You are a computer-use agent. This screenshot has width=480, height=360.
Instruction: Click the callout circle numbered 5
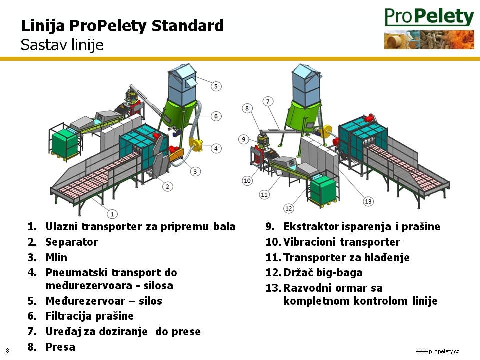[216, 86]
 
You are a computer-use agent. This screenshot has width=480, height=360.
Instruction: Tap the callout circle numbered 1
[112, 214]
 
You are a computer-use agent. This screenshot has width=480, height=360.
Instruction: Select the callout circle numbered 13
[368, 201]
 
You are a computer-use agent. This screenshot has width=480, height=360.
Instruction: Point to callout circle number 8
[247, 108]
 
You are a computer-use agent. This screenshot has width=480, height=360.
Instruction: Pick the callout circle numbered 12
[288, 209]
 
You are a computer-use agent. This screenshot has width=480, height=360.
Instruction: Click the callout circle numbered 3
[195, 171]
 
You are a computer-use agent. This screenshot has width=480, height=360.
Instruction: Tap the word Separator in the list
[72, 242]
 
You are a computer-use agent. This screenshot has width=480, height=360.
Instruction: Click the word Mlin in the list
[56, 257]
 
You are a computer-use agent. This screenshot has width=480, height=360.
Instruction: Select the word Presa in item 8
[60, 347]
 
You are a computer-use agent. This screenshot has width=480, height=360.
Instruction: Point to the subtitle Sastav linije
[62, 45]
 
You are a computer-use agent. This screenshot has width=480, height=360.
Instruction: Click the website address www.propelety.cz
[437, 351]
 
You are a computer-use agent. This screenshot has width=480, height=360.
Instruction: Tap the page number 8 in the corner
[7, 351]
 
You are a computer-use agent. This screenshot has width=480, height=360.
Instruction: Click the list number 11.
[273, 258]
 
